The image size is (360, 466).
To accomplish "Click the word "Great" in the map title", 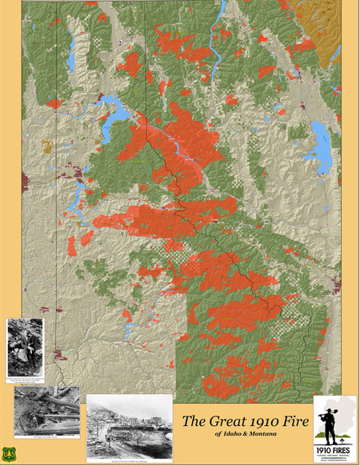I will coord(217,420).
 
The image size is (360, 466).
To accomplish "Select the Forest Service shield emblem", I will coord(10,452).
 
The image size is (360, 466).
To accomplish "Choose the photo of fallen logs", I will coord(46,411).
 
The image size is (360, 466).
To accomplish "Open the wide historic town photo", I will coord(128,418).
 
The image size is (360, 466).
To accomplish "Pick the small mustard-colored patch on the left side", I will coord(46,147).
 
